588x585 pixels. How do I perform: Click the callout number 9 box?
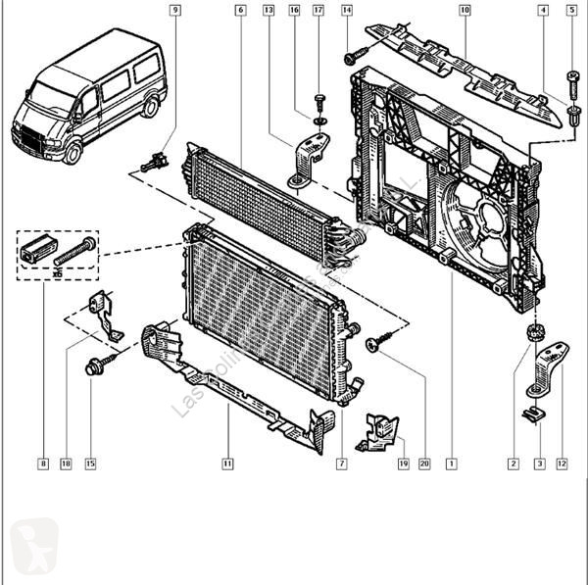point(175,11)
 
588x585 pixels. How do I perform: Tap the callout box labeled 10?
point(465,11)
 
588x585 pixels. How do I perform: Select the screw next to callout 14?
point(355,57)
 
